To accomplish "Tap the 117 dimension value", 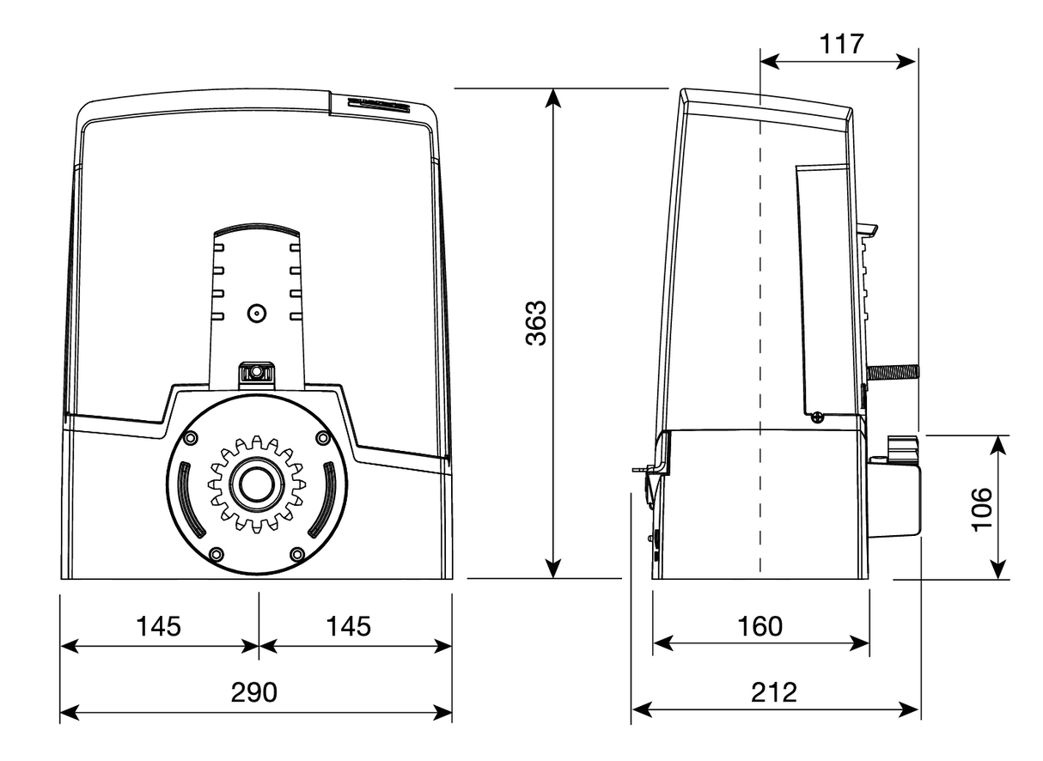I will click(x=841, y=44).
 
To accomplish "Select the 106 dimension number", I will click(x=981, y=509).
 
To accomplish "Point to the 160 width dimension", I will click(x=761, y=626).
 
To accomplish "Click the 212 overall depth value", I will click(x=774, y=691).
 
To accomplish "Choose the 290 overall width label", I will click(x=255, y=692).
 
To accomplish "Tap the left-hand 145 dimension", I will click(x=159, y=626).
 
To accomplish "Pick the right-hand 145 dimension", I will click(x=349, y=626).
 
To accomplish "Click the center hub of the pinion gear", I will click(x=255, y=484).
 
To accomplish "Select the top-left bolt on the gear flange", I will click(x=189, y=439).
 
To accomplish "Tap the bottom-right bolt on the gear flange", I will click(x=297, y=554).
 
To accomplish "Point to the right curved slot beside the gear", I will click(x=326, y=498).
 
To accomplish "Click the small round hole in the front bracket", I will click(x=255, y=314).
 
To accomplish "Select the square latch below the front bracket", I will click(x=255, y=373).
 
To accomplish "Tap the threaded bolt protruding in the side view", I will click(x=894, y=372).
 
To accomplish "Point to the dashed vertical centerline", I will click(x=760, y=344).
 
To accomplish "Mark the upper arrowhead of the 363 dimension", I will click(x=554, y=97).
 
